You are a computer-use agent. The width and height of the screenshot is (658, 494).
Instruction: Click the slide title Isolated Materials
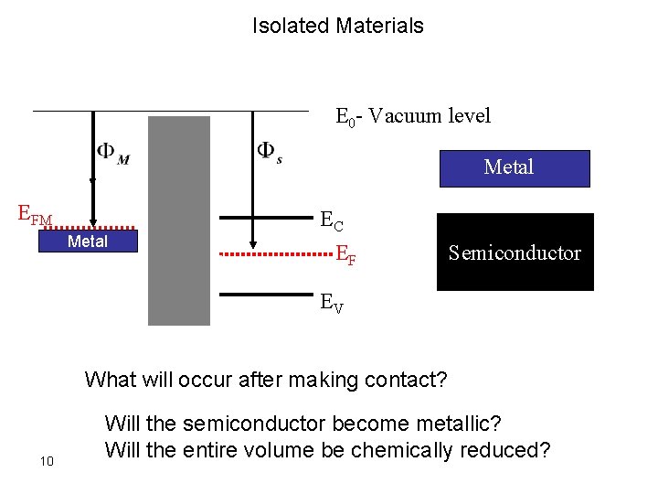[x=338, y=26]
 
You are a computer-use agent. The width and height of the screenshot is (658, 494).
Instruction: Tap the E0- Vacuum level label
[x=413, y=116]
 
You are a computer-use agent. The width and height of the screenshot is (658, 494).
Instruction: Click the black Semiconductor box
[x=515, y=252]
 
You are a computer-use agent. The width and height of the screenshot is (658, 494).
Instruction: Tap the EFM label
[x=36, y=217]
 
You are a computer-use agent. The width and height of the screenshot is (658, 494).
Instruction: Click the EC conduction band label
[x=332, y=220]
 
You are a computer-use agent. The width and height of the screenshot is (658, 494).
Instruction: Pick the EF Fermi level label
[x=345, y=254]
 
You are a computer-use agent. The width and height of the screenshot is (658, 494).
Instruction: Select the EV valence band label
[x=332, y=304]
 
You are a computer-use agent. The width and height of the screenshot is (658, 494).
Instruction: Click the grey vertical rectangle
[x=179, y=220]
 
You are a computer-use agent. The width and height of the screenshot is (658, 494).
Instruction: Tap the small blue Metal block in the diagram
[x=88, y=242]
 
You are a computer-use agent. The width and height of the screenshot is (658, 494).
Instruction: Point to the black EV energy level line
[x=265, y=295]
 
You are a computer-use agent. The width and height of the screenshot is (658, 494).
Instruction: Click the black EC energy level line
[x=265, y=218]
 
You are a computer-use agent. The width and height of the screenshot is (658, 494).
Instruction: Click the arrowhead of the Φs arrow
[x=252, y=243]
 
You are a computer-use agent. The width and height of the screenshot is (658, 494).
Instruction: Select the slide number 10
[x=48, y=459]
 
